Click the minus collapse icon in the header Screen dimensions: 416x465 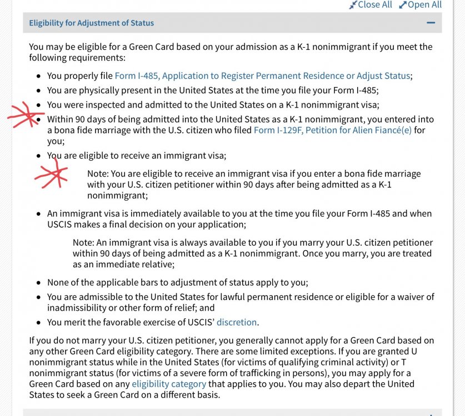pos(431,23)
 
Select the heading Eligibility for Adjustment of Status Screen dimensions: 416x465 pos(92,23)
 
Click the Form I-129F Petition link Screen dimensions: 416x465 pos(332,130)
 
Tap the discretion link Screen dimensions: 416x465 pos(237,322)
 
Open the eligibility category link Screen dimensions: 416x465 pos(169,384)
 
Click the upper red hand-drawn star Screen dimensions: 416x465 pos(24,115)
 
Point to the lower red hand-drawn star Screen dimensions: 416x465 pos(52,176)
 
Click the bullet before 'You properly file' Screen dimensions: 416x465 pos(38,76)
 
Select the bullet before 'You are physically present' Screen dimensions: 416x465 pos(38,90)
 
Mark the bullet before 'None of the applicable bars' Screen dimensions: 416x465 pos(38,283)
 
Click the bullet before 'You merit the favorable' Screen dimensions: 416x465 pos(38,323)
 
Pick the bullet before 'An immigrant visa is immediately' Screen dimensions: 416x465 pos(38,214)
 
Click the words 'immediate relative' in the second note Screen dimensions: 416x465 pos(131,265)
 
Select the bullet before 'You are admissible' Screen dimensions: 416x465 pos(38,297)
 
